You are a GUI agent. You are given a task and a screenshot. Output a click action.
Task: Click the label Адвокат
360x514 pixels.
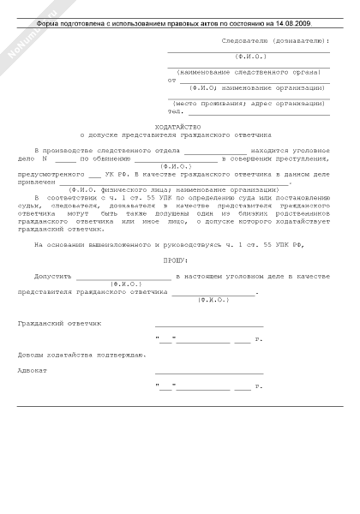[x=32, y=371]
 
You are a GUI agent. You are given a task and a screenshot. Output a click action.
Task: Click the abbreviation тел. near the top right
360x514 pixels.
[x=176, y=111]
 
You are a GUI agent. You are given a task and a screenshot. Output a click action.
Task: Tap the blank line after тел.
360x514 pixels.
[x=257, y=112]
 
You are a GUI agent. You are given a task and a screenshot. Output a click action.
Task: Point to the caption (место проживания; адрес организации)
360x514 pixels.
[x=254, y=103]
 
